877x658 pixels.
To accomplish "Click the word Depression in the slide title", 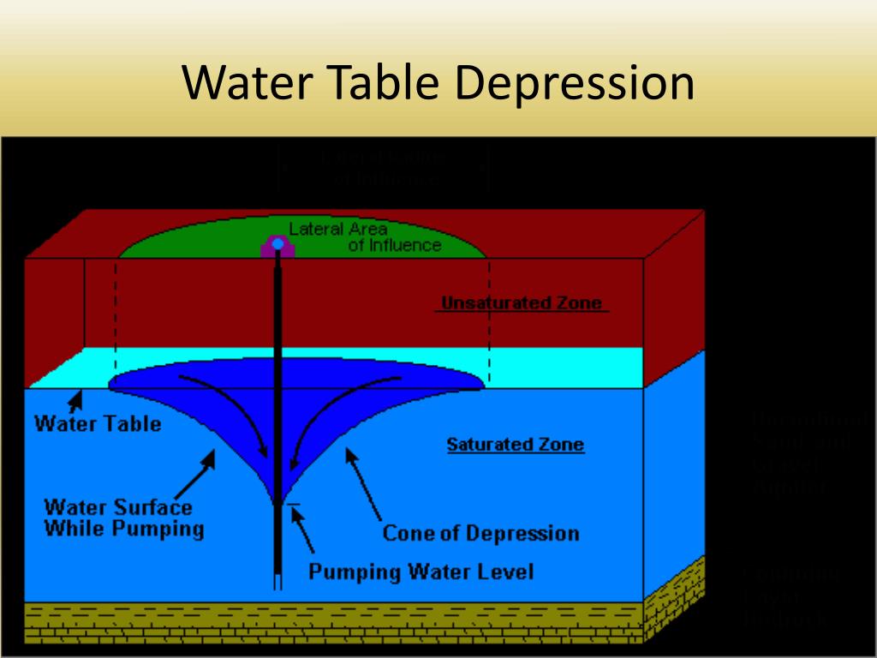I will [x=574, y=83].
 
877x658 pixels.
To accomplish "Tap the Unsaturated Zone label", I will [x=521, y=303].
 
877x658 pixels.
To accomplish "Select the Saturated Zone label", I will [x=516, y=445].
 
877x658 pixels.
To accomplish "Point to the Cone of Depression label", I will [x=480, y=533].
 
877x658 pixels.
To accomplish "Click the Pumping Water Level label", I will [x=421, y=571].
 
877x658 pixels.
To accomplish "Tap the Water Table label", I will [x=98, y=423].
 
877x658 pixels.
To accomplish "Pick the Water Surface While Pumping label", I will [x=123, y=517].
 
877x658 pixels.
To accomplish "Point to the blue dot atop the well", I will [x=277, y=244].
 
